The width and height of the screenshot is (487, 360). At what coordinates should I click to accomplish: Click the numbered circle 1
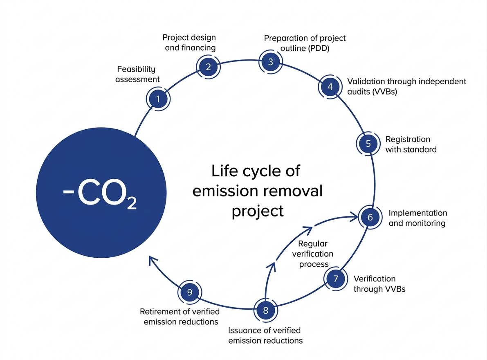click(x=158, y=99)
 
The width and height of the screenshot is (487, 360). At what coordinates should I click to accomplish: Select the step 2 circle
click(x=208, y=67)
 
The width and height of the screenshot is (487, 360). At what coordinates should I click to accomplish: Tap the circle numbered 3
click(x=270, y=62)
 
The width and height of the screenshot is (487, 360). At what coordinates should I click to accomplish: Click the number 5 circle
click(x=368, y=144)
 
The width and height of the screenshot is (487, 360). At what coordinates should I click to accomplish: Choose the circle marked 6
click(x=370, y=217)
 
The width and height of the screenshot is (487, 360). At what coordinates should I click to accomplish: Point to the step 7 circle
click(x=336, y=279)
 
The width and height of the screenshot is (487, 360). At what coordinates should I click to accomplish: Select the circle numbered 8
click(x=265, y=310)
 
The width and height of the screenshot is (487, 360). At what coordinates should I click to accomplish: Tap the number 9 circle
click(x=189, y=292)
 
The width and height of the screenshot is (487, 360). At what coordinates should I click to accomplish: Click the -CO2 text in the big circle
click(x=100, y=196)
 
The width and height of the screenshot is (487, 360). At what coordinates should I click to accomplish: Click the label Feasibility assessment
click(x=137, y=74)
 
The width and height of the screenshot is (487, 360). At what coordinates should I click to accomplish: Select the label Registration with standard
click(x=411, y=144)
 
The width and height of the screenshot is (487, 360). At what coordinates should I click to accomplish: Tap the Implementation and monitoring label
click(x=417, y=218)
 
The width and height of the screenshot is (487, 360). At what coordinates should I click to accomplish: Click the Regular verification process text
click(x=313, y=254)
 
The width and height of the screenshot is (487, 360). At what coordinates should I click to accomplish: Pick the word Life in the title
click(x=224, y=171)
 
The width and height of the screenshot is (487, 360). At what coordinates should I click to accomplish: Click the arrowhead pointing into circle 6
click(x=354, y=215)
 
